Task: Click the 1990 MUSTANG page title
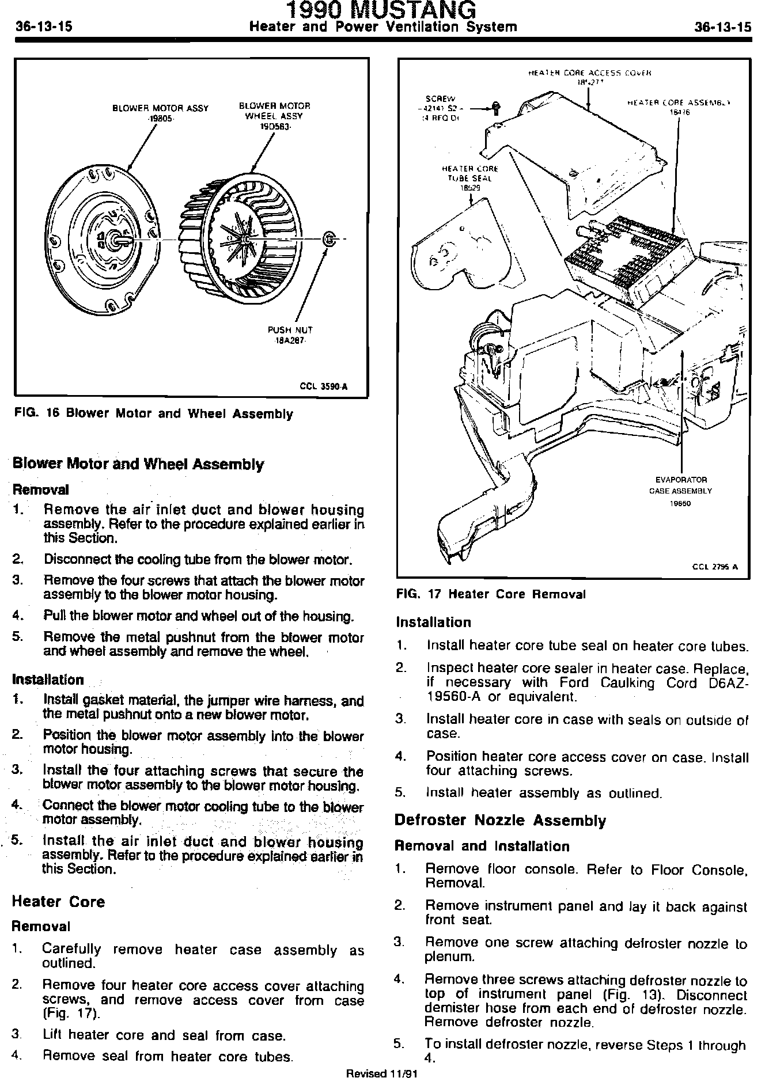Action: (382, 10)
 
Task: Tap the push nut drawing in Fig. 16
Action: (328, 239)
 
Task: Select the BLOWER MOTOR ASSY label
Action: (160, 108)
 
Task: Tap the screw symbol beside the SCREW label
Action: (496, 108)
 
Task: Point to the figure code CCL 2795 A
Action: (715, 566)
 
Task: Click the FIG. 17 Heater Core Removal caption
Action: (491, 594)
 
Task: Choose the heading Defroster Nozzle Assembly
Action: (500, 820)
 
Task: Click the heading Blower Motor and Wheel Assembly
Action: (138, 464)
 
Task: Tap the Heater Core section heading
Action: (58, 901)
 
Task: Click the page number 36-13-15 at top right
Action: (722, 26)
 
